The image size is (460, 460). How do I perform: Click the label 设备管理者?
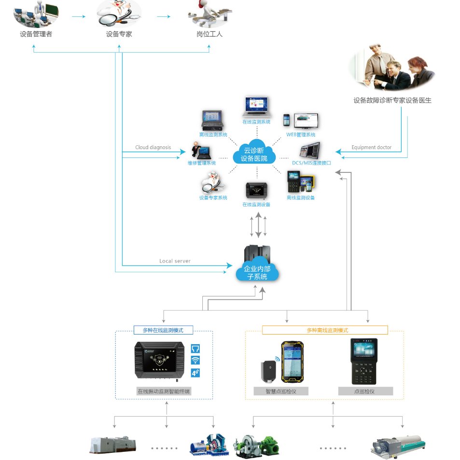[x=36, y=34]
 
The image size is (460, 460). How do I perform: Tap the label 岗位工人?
[x=209, y=34]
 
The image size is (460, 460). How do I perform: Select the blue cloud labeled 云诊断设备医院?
[x=254, y=154]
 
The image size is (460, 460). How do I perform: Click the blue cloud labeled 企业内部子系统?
[x=257, y=272]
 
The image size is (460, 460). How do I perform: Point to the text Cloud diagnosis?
[x=153, y=147]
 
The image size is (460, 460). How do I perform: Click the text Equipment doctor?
[x=371, y=147]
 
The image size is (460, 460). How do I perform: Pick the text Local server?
[x=175, y=261]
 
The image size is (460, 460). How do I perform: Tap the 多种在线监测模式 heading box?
[x=163, y=330]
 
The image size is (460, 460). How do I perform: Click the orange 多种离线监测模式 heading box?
[x=325, y=330]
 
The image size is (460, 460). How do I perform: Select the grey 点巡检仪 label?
[x=365, y=391]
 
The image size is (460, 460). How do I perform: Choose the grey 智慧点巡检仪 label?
[x=281, y=391]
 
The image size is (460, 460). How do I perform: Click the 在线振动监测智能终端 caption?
[x=164, y=391]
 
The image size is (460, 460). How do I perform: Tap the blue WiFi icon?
[x=195, y=360]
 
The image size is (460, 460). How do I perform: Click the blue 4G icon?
[x=195, y=372]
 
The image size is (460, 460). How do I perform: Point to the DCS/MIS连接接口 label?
[x=311, y=163]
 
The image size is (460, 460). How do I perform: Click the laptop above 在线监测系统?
[x=256, y=106]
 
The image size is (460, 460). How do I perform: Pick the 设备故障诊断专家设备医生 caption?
[x=392, y=100]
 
